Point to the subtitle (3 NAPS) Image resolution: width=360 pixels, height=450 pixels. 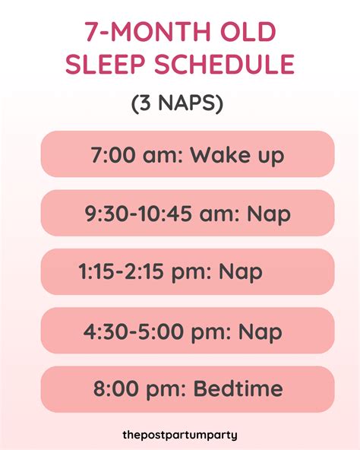[180, 103]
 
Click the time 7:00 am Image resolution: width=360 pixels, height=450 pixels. [134, 155]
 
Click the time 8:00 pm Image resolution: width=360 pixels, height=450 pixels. [137, 390]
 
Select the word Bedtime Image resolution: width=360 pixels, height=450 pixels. [238, 390]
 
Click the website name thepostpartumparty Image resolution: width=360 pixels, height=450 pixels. [180, 435]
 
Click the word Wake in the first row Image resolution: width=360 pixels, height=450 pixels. [221, 155]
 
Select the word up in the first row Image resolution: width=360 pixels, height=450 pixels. [270, 157]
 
